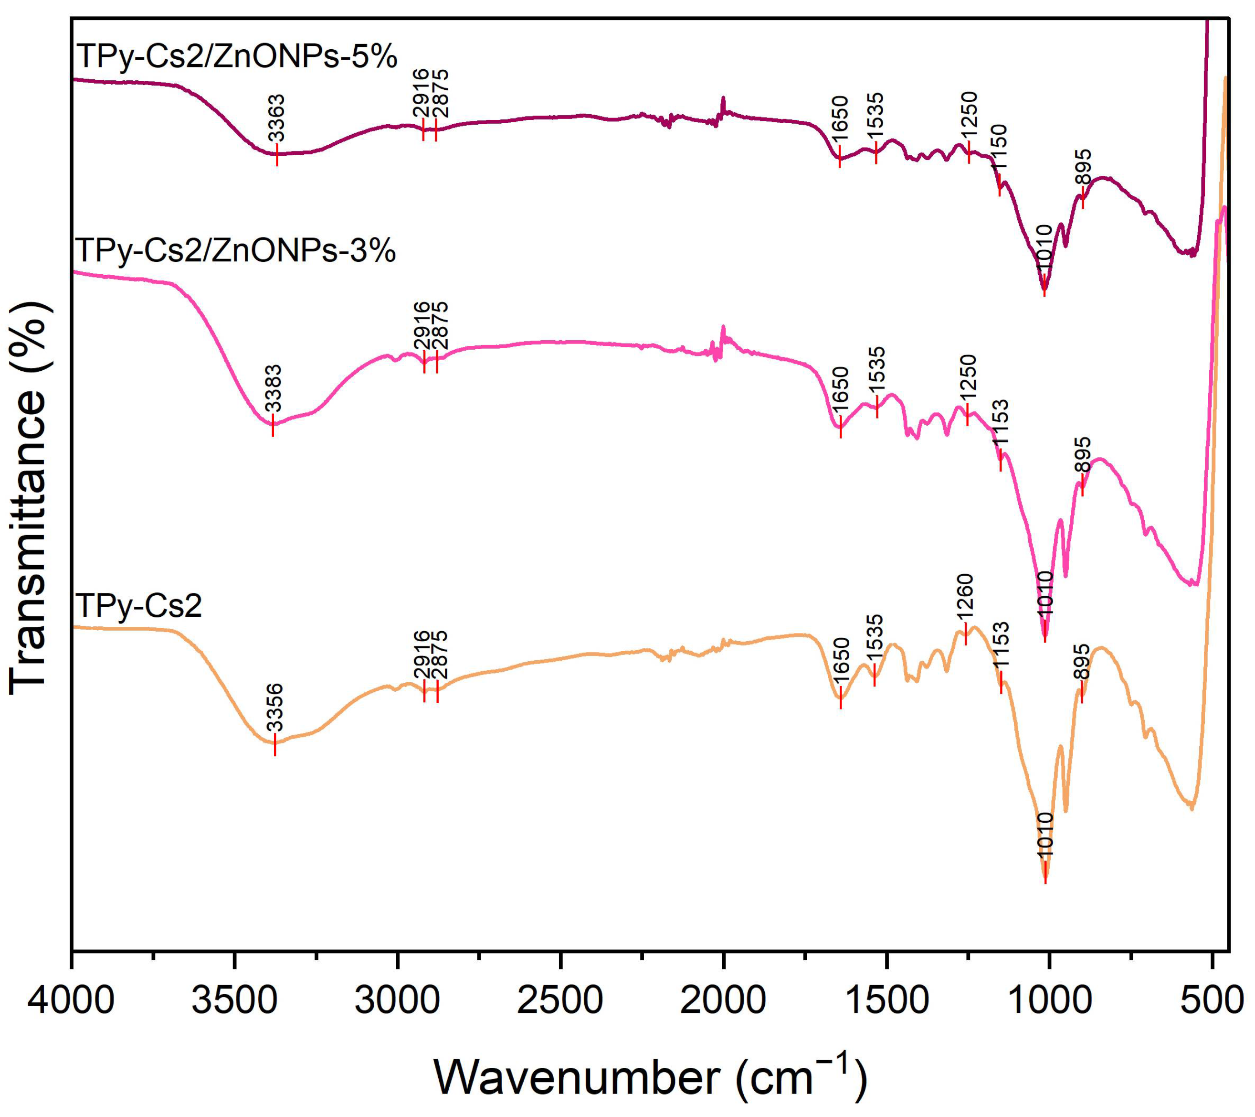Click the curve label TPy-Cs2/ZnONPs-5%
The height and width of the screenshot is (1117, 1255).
tap(236, 57)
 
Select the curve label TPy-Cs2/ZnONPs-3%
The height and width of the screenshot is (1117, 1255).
tap(235, 251)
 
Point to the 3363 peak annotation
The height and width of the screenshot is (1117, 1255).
tap(276, 118)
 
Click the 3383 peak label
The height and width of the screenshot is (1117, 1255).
tap(273, 388)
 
